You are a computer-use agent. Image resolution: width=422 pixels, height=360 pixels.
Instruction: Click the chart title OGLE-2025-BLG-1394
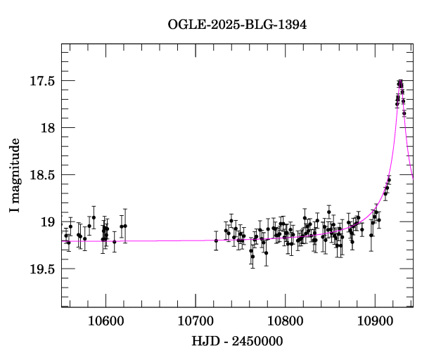click(237, 25)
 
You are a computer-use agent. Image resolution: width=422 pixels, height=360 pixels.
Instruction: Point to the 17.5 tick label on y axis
click(41, 81)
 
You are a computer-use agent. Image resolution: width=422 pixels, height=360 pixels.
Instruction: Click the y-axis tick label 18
click(47, 128)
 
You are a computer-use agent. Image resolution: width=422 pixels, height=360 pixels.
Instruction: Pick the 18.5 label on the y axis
click(41, 175)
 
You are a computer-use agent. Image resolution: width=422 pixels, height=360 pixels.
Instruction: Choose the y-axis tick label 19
click(47, 222)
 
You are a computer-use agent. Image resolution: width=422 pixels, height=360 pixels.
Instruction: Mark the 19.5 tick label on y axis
click(41, 269)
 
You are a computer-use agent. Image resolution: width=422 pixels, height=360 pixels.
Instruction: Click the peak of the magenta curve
click(400, 83)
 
